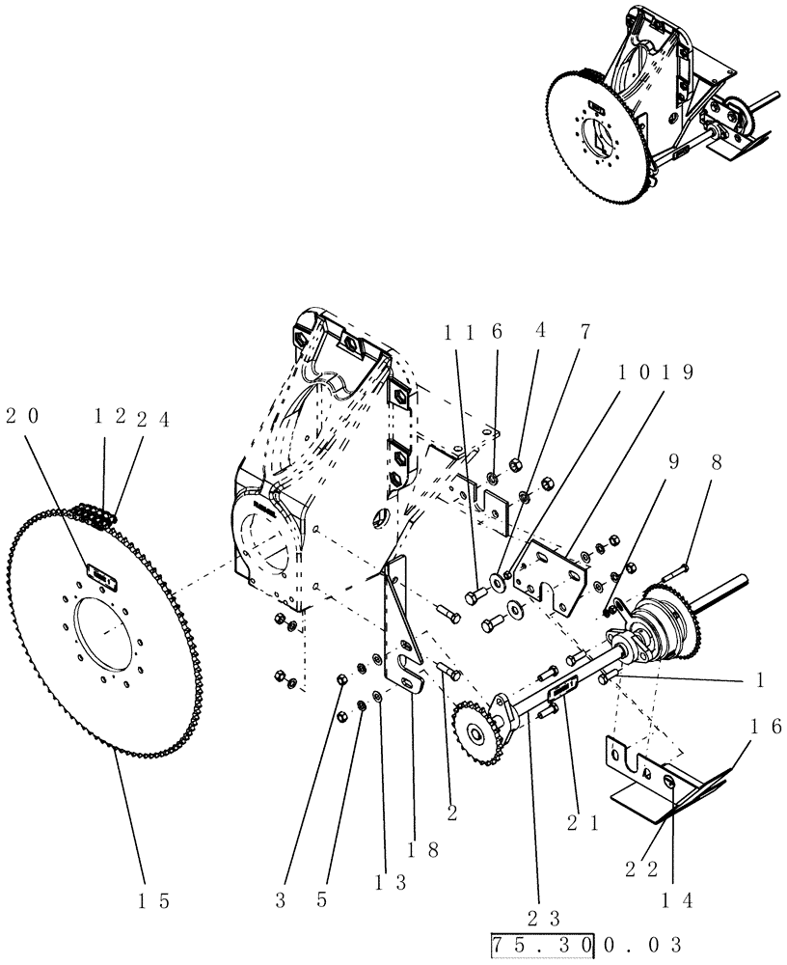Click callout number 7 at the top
[585, 331]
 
